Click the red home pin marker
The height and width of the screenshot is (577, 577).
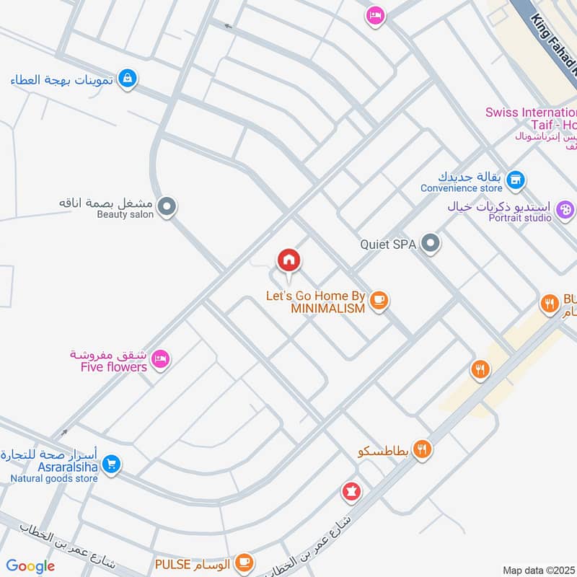click(288, 260)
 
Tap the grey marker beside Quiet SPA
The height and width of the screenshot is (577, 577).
click(431, 244)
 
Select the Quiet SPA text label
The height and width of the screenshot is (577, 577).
click(388, 245)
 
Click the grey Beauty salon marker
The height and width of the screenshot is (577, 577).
click(167, 208)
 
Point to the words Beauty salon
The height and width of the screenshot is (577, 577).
click(125, 214)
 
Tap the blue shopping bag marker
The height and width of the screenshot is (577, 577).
click(127, 79)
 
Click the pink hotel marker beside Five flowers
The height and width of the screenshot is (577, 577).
click(161, 358)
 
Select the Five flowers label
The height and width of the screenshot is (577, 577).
click(114, 367)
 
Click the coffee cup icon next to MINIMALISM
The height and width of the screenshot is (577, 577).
click(379, 300)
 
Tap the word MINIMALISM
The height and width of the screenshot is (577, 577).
click(327, 308)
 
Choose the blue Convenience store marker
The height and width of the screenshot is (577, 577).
click(515, 180)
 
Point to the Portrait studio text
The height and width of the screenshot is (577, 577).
click(520, 217)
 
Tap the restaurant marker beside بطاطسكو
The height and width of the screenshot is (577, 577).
click(422, 449)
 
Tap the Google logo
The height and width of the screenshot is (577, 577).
click(30, 566)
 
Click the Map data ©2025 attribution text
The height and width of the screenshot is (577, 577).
click(539, 570)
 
